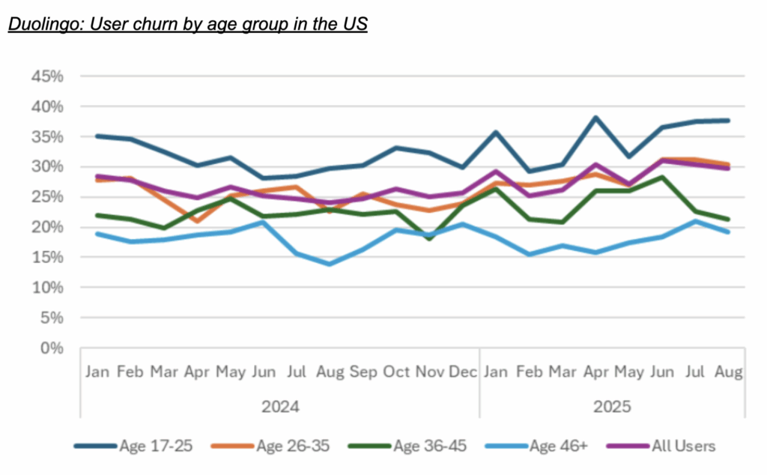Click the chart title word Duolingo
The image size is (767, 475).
coord(38,23)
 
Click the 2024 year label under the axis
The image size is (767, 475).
coord(280,407)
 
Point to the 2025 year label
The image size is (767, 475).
coord(612,407)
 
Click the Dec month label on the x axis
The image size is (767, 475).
coord(463,372)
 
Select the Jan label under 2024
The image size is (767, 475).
coord(97,372)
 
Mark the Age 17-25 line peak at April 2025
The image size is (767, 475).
coord(595,118)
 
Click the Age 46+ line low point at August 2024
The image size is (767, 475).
coord(330,264)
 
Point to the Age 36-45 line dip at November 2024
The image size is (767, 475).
coord(429,238)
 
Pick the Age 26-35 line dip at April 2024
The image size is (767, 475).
coord(197,221)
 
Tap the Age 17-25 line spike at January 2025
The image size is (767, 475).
coord(496,133)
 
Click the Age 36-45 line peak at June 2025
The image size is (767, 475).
coord(661,177)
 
